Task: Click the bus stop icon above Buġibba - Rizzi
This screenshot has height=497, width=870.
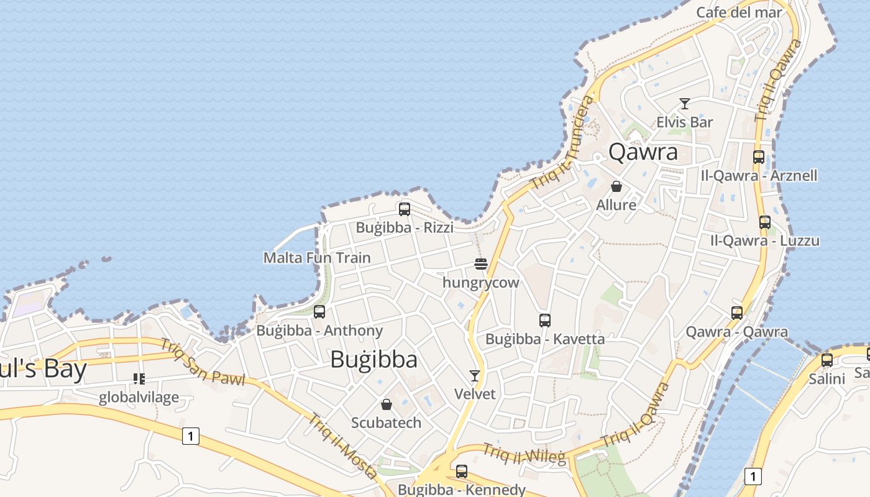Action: pyautogui.click(x=405, y=209)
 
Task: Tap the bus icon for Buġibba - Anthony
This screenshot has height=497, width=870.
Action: pyautogui.click(x=319, y=312)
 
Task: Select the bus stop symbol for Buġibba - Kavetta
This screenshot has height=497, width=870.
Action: pyautogui.click(x=545, y=321)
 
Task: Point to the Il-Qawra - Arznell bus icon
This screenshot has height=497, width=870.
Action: pyautogui.click(x=759, y=157)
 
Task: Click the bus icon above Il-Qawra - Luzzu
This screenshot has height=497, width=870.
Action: pyautogui.click(x=765, y=222)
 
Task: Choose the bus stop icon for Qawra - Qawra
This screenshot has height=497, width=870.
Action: pyautogui.click(x=737, y=313)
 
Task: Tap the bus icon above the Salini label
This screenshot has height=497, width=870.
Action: pyautogui.click(x=827, y=360)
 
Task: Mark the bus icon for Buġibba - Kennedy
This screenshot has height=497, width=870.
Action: pyautogui.click(x=461, y=472)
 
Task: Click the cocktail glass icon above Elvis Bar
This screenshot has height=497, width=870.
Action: pyautogui.click(x=685, y=104)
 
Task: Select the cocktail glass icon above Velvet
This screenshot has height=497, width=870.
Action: pyautogui.click(x=475, y=376)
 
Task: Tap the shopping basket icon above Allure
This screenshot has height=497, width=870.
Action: pyautogui.click(x=616, y=186)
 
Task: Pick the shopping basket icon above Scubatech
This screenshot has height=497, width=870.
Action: pyautogui.click(x=387, y=404)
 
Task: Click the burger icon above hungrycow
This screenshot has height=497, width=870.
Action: pyautogui.click(x=480, y=264)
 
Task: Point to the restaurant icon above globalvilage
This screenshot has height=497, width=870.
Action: pyautogui.click(x=139, y=379)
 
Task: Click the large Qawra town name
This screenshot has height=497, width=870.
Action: pyautogui.click(x=643, y=152)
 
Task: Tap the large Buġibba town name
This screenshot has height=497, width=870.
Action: pyautogui.click(x=373, y=359)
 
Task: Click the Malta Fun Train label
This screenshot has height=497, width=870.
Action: pyautogui.click(x=317, y=258)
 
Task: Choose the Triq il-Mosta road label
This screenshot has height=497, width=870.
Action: pyautogui.click(x=342, y=446)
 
